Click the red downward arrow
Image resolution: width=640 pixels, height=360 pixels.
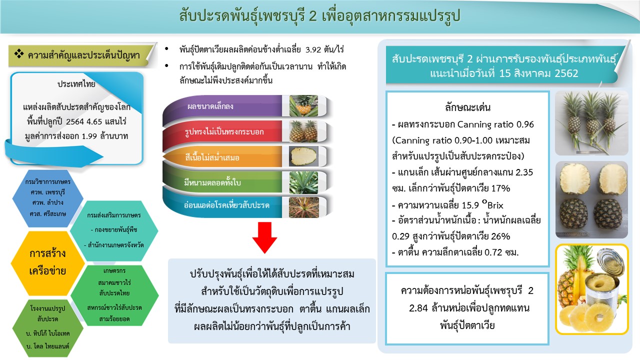tap(264, 237)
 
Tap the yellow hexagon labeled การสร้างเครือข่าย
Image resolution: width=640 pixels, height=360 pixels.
tap(47, 263)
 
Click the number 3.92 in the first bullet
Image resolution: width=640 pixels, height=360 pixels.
tap(313, 49)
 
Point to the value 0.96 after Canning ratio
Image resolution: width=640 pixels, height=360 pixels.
tap(525, 124)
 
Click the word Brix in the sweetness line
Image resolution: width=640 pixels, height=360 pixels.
tap(495, 205)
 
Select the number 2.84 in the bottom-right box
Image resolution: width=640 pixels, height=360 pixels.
tap(418, 308)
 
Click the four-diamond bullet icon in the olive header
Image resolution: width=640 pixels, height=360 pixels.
tap(19, 53)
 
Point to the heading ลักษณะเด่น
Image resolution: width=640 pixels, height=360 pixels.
tap(467, 107)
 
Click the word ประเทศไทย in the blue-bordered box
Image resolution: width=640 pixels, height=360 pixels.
tap(76, 84)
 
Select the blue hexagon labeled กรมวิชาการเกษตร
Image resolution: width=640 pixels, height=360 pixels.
tap(47, 198)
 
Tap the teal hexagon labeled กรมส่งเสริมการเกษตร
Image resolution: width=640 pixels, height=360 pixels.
tap(114, 230)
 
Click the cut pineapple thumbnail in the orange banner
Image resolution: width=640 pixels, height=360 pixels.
tap(303, 156)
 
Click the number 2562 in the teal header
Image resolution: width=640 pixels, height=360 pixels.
tap(566, 73)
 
